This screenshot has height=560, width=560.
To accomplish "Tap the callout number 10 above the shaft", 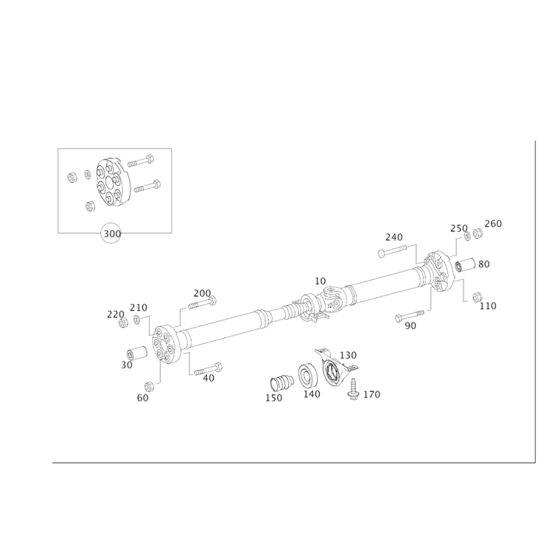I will pos(321,281).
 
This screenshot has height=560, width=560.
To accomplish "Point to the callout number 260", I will pos(493,223).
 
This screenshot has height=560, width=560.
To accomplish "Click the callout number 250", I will pos(458,229).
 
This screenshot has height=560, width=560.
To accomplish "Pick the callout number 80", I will pos(484,264).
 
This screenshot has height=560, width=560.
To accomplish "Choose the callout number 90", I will pos(411,325).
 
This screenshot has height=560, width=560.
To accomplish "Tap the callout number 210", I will pos(113,315).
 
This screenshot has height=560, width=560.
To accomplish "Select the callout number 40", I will pos(208,377).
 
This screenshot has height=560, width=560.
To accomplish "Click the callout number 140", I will pos(311,395).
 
